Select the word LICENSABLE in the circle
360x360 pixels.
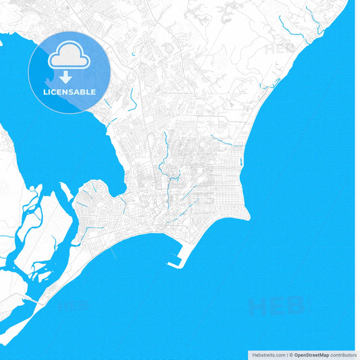tap(70, 91)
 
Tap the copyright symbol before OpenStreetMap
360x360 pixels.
tap(292, 355)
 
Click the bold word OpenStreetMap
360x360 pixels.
tap(311, 355)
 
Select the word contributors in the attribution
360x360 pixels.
tap(343, 355)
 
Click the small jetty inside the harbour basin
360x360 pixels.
tap(178, 257)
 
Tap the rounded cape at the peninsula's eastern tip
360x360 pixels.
tap(247, 215)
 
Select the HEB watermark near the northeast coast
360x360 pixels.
tap(278, 49)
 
